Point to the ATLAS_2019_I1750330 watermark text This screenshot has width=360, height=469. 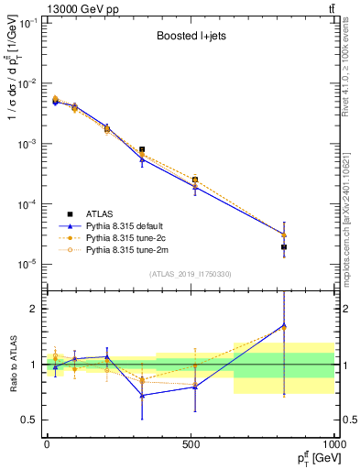(x=189, y=274)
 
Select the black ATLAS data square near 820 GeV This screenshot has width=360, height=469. (x=283, y=247)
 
